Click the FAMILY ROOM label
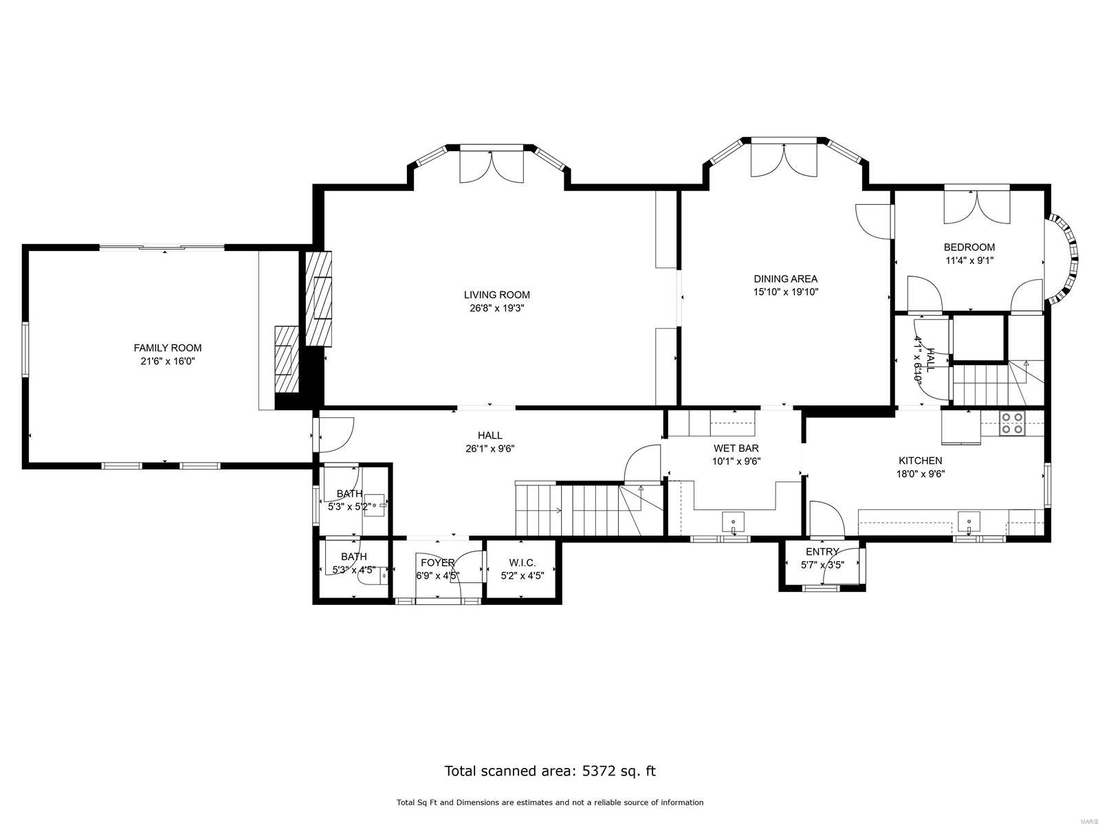coord(167,348)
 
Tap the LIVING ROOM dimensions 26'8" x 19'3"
coord(496,309)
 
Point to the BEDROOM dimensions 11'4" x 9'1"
coord(969,261)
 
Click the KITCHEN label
coord(920,461)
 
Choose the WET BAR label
coord(736,448)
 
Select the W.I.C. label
coord(522,562)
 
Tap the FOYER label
coord(438,562)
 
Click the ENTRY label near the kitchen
coord(822,551)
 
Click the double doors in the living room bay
coord(492,165)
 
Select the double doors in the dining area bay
coord(783,158)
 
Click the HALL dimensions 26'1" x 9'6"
coord(489,449)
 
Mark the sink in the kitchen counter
coord(969,522)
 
